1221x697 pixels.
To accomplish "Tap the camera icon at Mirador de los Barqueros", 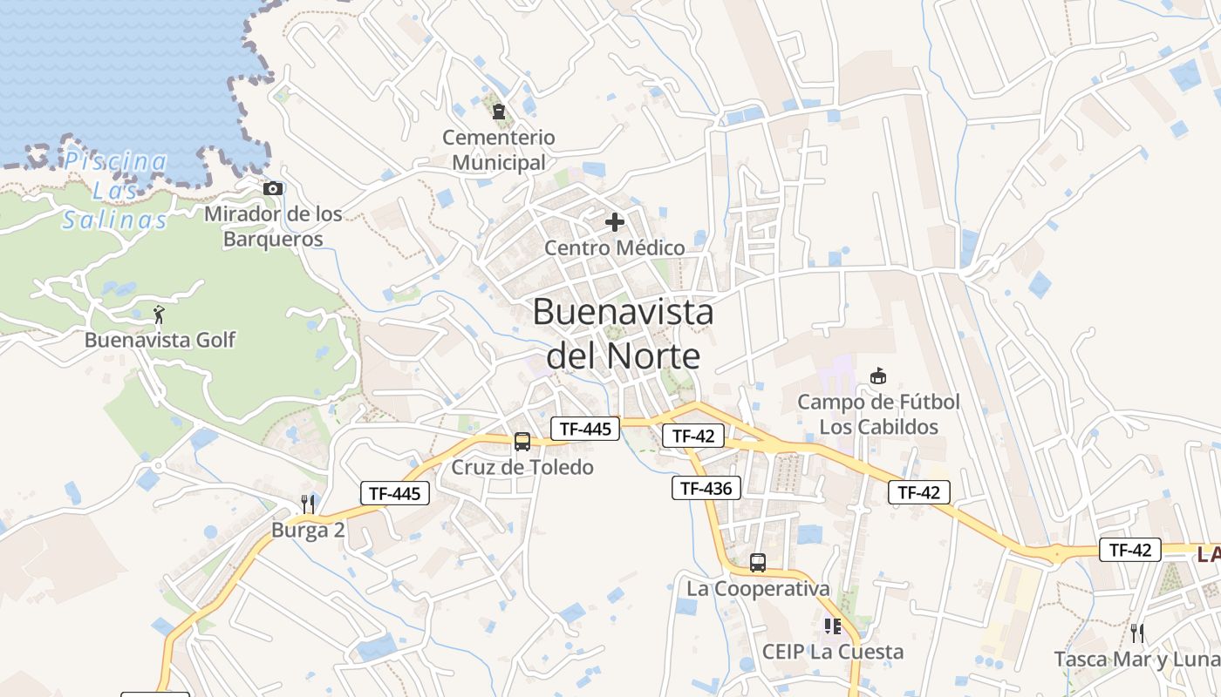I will tap(273, 188).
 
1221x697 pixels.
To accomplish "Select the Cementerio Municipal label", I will tap(499, 150).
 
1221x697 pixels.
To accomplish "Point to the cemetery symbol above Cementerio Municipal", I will tap(499, 112).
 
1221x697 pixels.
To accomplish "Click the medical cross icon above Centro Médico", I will tap(615, 222).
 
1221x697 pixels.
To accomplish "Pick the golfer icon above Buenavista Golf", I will tap(159, 315).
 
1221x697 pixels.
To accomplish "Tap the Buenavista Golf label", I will tap(160, 340).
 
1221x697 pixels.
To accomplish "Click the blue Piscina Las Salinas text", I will tap(115, 190).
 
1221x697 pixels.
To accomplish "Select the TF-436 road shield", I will tap(706, 488).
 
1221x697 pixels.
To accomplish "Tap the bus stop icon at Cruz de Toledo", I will tap(522, 442).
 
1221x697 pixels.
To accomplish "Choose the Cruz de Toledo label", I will tap(522, 467).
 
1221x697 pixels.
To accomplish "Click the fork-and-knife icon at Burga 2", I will tap(307, 504).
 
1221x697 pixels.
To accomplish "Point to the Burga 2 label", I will tap(308, 530).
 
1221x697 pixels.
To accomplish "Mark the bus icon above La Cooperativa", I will tap(758, 563).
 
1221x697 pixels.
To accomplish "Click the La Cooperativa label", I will tap(758, 589).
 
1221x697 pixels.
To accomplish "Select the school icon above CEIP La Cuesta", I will tap(833, 626).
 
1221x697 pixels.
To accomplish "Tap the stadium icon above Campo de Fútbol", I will tap(878, 376).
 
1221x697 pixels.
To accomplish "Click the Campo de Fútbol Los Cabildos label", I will tap(878, 415).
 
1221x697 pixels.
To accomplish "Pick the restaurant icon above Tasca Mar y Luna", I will tap(1137, 633).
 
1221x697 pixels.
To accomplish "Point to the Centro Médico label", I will tap(615, 248).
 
